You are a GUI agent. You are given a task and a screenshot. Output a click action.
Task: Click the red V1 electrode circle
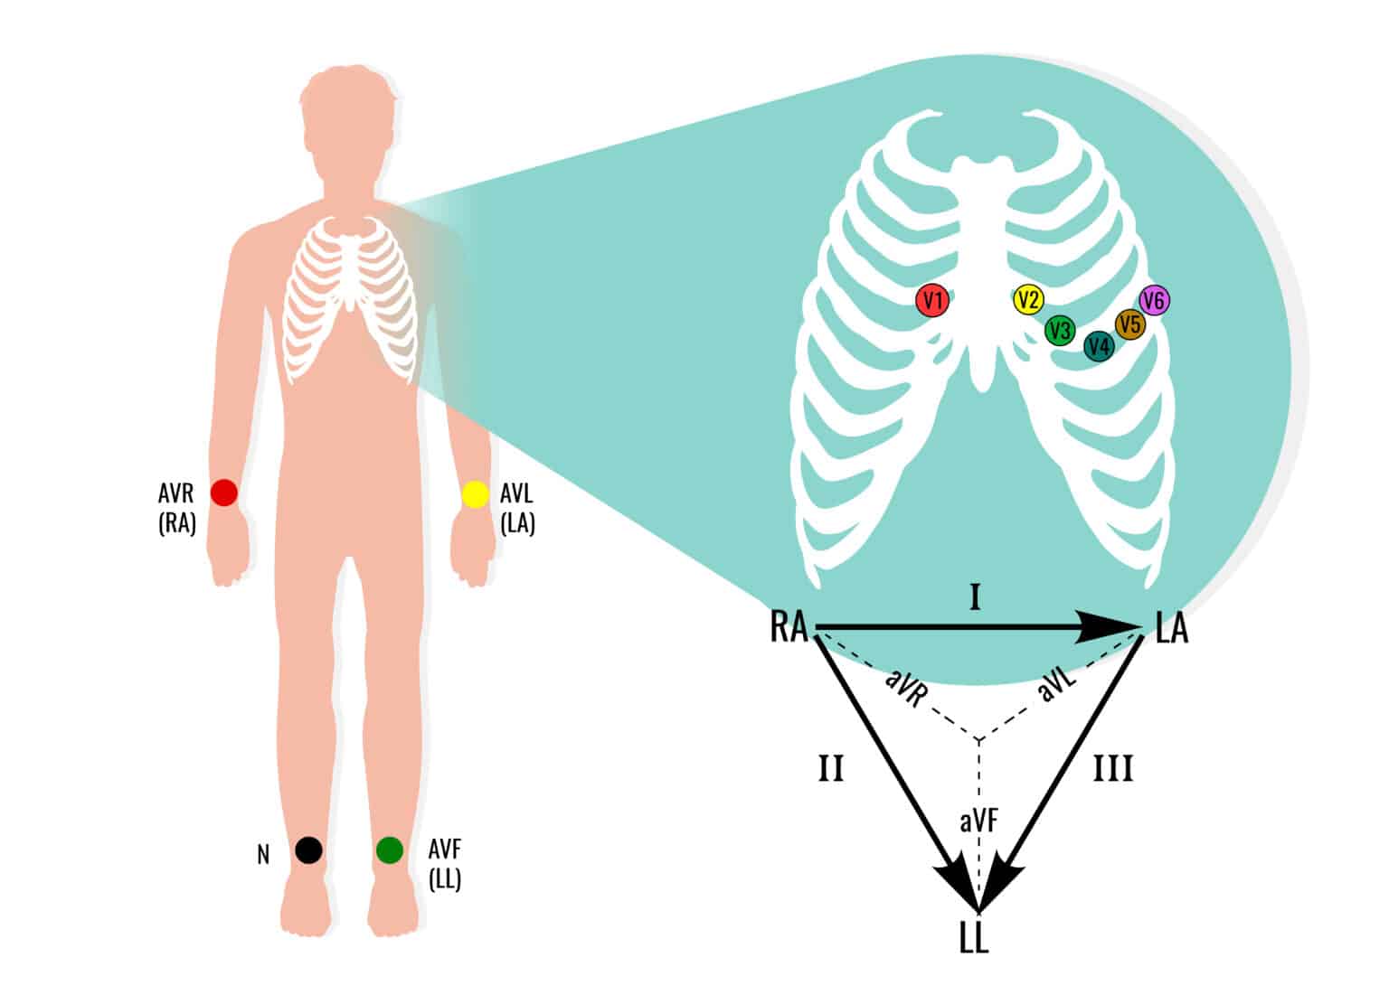click(x=932, y=300)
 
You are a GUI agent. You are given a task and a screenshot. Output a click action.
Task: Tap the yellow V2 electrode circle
click(x=1028, y=300)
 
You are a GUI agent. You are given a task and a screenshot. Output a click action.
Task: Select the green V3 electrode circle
click(x=1060, y=330)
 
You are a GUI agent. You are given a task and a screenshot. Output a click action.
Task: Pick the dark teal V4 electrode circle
click(x=1099, y=346)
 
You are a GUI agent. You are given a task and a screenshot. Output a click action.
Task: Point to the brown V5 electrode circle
click(x=1129, y=324)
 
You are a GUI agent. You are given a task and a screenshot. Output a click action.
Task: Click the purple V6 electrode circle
click(x=1155, y=300)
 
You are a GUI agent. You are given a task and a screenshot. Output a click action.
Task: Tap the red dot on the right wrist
click(x=224, y=493)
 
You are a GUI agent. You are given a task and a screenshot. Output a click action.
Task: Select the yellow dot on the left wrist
click(x=475, y=494)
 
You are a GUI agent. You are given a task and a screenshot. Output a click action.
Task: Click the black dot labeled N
click(x=308, y=850)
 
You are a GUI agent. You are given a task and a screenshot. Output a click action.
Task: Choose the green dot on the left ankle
click(x=390, y=850)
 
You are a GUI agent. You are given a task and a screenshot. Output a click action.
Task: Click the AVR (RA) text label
click(x=176, y=509)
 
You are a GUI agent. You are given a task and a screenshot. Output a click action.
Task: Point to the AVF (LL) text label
click(x=445, y=864)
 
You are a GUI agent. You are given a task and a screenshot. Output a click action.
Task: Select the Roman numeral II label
click(x=831, y=769)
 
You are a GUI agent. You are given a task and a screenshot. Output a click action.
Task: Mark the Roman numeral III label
click(x=1113, y=769)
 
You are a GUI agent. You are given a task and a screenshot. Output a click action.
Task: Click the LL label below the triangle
click(x=974, y=939)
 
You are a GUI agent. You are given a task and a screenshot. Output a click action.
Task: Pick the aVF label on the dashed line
click(x=979, y=821)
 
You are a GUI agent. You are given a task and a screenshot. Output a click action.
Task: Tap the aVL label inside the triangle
click(x=1058, y=685)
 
